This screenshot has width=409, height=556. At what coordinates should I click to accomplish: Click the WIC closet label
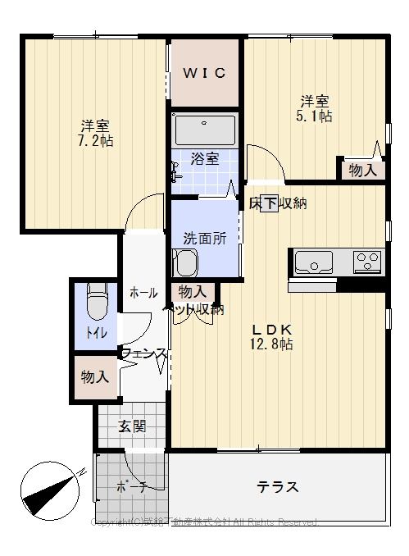coord(204,73)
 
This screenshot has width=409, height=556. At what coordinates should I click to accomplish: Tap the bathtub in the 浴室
coord(205,130)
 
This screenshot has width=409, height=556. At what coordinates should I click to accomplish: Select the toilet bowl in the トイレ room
coord(98,301)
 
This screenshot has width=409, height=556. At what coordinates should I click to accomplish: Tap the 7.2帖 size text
coord(96,140)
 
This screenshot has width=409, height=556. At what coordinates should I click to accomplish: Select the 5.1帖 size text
coord(315,116)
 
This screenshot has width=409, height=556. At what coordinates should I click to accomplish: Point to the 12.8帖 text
coord(273,345)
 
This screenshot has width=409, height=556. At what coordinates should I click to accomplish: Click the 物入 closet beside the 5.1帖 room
coord(362,170)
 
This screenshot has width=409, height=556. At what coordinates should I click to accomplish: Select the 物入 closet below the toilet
coord(95,376)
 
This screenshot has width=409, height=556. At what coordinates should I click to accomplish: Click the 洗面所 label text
coord(204,239)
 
